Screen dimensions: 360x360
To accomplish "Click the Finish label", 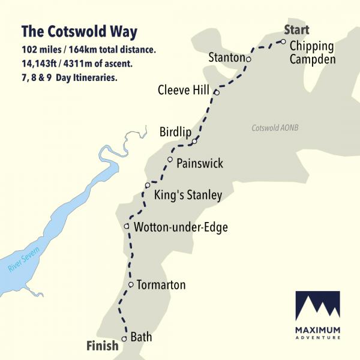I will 102,346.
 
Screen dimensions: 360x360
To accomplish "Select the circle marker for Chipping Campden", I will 283,42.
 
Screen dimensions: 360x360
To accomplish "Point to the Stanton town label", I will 226,58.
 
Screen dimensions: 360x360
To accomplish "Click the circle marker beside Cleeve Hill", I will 216,92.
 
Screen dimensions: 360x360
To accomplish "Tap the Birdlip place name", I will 175,132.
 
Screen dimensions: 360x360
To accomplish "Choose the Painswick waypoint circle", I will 170,160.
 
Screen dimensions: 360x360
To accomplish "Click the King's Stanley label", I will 188,195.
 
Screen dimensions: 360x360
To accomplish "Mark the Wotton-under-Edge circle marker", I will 127,226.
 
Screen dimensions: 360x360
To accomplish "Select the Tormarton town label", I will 161,285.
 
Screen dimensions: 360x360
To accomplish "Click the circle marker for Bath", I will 124,339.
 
